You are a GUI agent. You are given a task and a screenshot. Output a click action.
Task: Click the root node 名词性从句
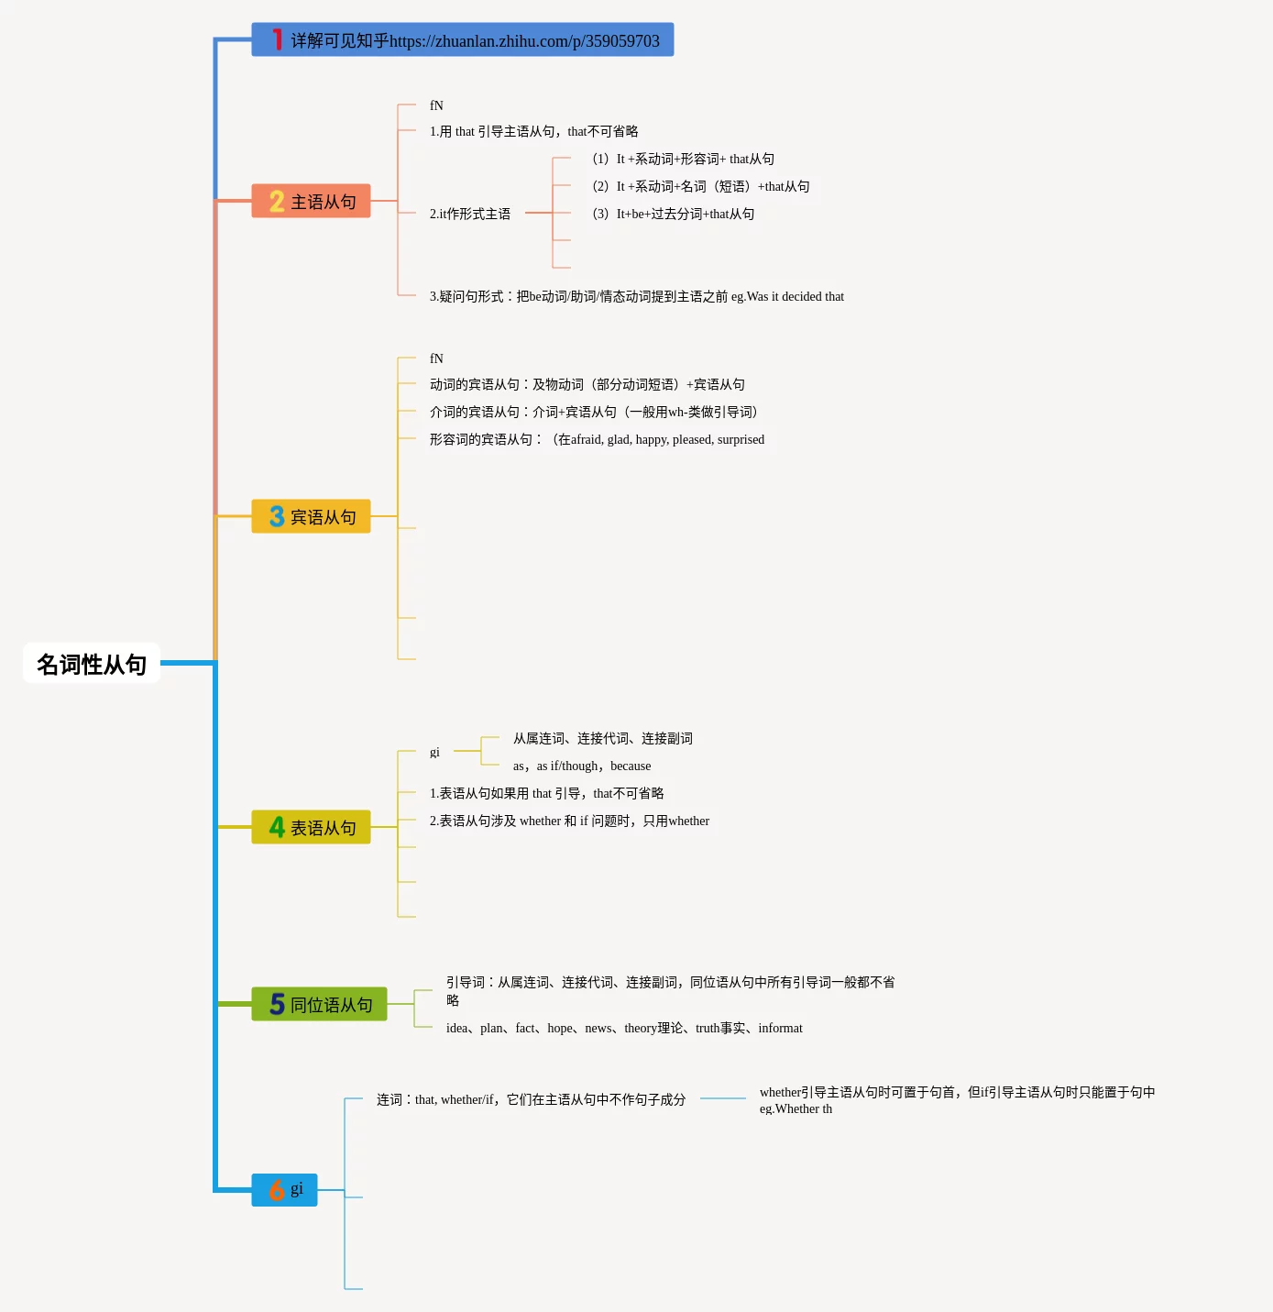pyautogui.click(x=92, y=664)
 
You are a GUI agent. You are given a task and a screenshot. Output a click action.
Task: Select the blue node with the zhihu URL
pyautogui.click(x=463, y=40)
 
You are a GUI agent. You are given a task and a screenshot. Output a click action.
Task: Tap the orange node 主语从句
pyautogui.click(x=312, y=202)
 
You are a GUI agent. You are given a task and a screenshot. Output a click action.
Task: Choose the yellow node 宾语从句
pyautogui.click(x=312, y=517)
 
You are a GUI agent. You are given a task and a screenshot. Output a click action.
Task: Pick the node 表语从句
pyautogui.click(x=312, y=828)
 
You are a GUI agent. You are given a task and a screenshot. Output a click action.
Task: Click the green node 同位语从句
pyautogui.click(x=320, y=1005)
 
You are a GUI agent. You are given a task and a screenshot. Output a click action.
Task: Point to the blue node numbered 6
pyautogui.click(x=285, y=1190)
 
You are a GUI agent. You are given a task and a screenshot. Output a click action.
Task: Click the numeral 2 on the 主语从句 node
pyautogui.click(x=277, y=202)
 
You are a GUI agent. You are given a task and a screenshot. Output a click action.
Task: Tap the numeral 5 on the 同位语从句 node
pyautogui.click(x=277, y=1005)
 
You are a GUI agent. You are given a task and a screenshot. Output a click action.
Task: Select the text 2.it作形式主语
pyautogui.click(x=470, y=214)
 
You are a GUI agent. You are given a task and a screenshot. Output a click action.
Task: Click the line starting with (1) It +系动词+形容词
pyautogui.click(x=683, y=159)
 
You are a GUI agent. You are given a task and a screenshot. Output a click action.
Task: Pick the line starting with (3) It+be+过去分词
pyautogui.click(x=674, y=214)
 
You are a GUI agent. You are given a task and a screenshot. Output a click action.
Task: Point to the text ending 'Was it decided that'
pyautogui.click(x=637, y=296)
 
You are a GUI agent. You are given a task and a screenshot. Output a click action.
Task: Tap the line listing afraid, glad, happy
pyautogui.click(x=597, y=439)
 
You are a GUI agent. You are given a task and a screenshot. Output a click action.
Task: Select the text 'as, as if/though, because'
pyautogui.click(x=582, y=766)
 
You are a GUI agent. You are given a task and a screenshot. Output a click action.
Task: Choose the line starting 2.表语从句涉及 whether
pyautogui.click(x=569, y=821)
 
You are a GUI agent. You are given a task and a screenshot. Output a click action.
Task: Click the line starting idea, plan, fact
pyautogui.click(x=624, y=1028)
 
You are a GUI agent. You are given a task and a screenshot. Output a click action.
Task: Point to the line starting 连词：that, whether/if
pyautogui.click(x=531, y=1099)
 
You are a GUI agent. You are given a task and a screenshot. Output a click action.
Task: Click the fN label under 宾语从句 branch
pyautogui.click(x=436, y=358)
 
